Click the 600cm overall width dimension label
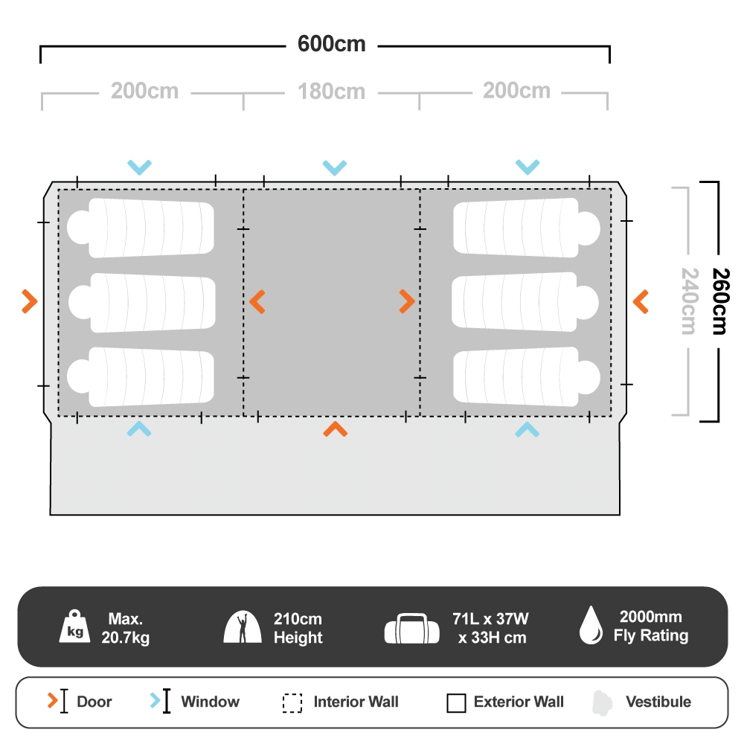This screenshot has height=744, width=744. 332,44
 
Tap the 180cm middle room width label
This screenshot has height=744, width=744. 332,92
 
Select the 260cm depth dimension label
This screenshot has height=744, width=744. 718,301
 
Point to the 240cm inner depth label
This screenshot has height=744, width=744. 687,301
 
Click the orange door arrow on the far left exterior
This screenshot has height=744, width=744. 29,301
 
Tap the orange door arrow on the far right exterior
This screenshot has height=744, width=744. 641,301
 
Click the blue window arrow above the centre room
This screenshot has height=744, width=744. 335,167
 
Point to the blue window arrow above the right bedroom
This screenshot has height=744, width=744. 527,167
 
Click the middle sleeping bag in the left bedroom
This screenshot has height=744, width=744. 141,302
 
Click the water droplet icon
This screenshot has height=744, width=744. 591,626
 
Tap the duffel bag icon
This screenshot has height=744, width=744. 411,629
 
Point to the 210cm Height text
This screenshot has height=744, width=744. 298,628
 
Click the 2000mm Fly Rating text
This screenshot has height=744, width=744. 650,626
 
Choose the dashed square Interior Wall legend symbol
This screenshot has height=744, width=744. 292,702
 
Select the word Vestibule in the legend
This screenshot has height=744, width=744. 658,702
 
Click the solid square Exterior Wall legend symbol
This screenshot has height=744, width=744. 456,702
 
